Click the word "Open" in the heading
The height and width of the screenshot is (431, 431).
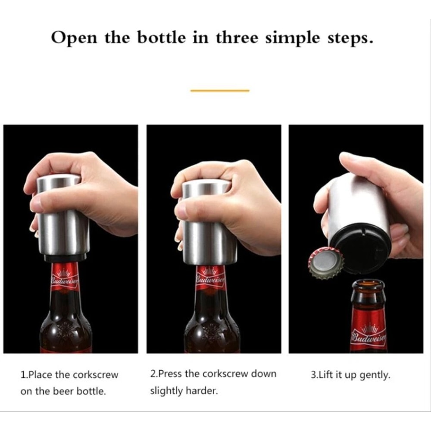tap(74, 38)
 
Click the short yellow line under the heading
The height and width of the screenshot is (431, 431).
tap(220, 91)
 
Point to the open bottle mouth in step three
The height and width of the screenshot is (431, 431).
tap(368, 285)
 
